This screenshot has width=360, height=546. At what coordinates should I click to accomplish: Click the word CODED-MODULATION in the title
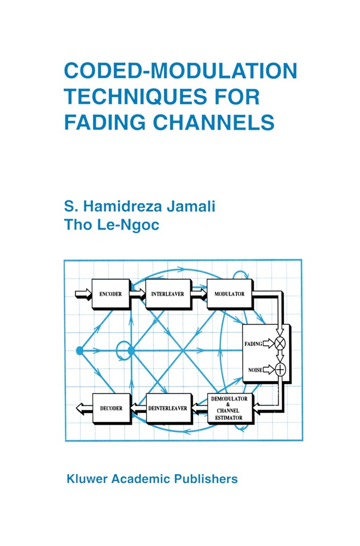tap(180, 71)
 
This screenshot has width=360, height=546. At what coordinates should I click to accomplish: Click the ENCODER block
tap(111, 294)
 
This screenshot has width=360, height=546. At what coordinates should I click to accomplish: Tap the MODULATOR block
tap(229, 294)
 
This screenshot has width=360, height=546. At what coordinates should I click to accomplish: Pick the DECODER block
tap(111, 408)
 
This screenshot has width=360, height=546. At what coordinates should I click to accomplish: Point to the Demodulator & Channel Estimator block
tap(230, 408)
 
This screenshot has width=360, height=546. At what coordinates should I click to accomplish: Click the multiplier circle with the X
tap(280, 344)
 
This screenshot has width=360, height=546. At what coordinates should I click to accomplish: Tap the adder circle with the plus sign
tap(280, 370)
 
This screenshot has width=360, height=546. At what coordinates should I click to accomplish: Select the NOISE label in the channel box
tap(255, 370)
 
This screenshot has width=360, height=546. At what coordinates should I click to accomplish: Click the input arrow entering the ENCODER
tap(83, 294)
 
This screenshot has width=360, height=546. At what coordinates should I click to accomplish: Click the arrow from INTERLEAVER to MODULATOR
tap(199, 294)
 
